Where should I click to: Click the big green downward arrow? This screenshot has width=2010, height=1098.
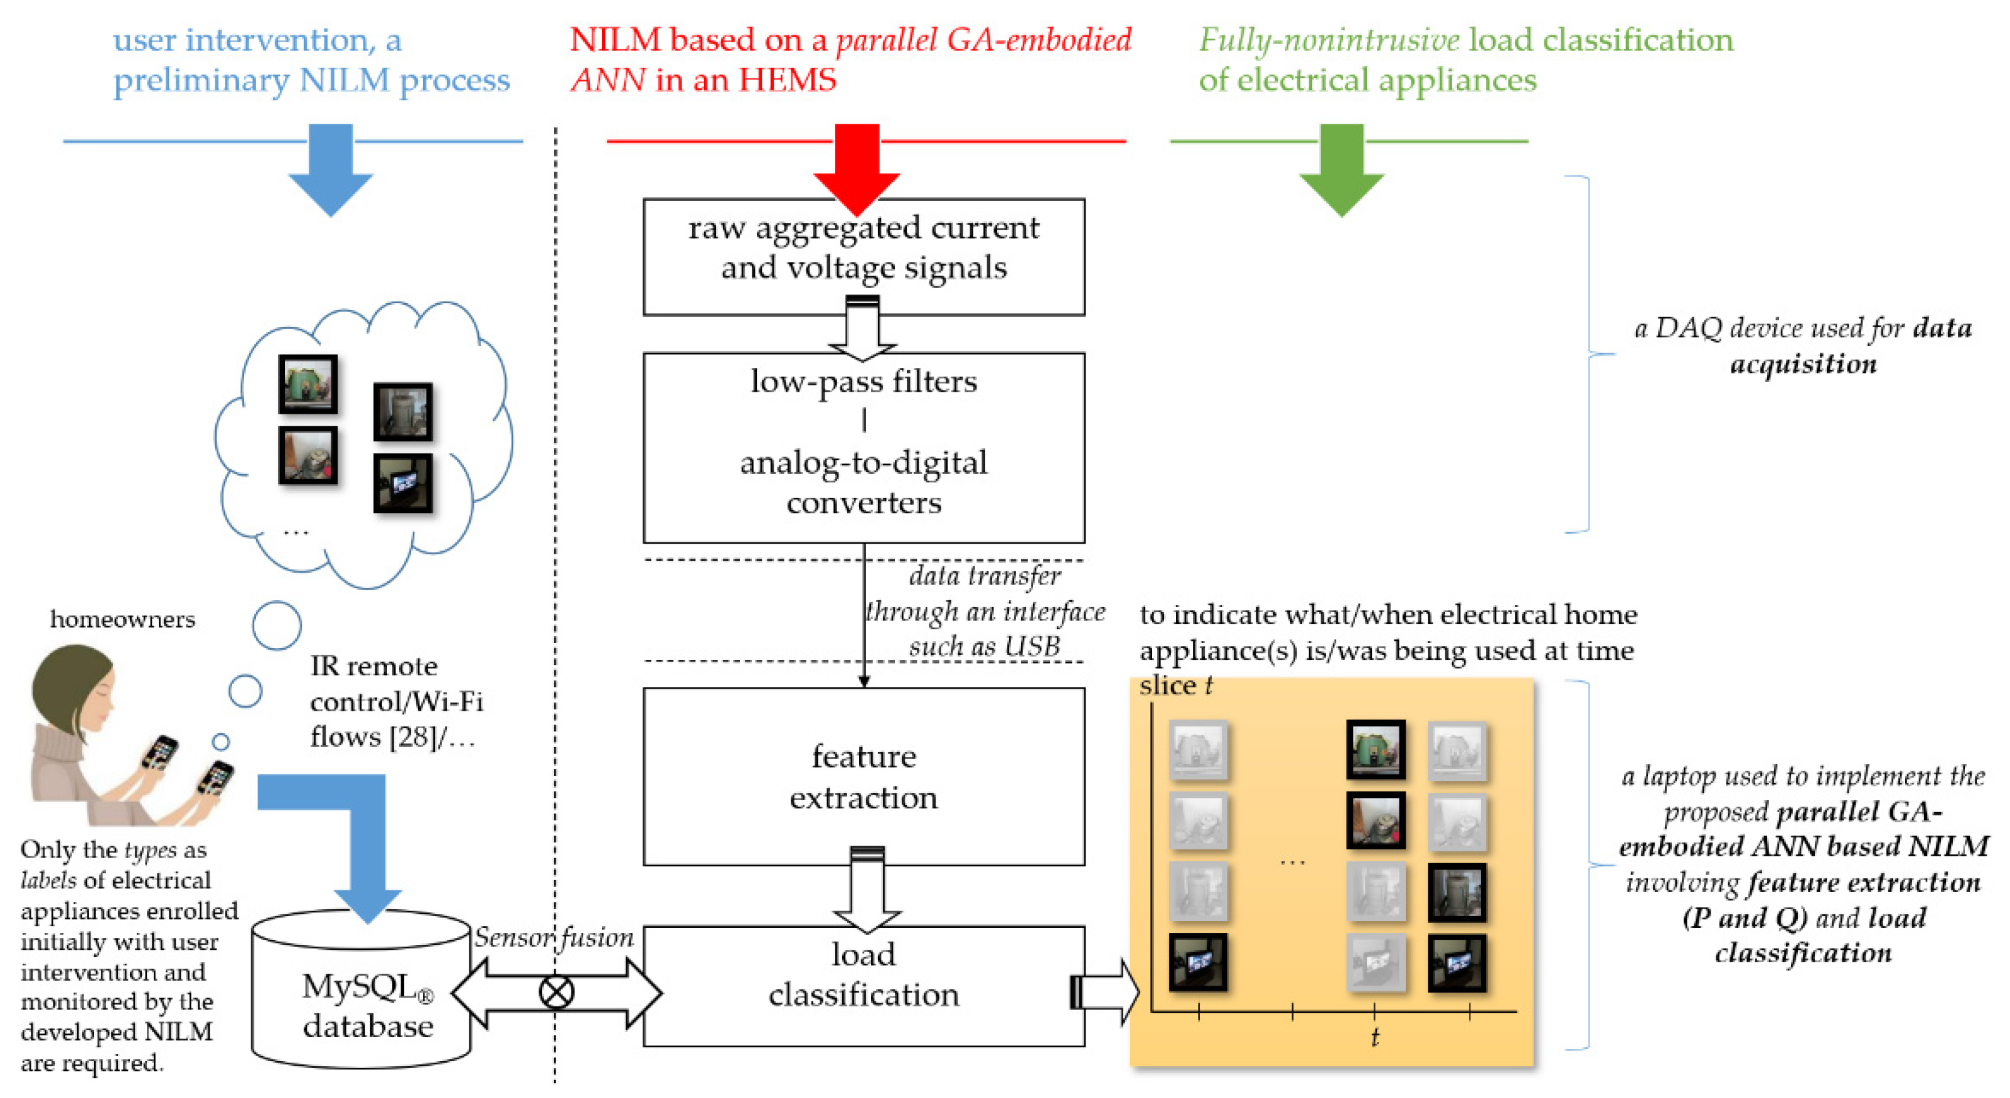tap(1341, 168)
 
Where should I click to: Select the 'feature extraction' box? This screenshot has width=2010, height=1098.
tap(863, 777)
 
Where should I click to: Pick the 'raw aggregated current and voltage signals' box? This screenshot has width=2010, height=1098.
tap(863, 248)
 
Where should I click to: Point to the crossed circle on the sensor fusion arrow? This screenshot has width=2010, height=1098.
tap(555, 993)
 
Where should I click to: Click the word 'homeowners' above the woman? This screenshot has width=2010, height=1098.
tap(122, 619)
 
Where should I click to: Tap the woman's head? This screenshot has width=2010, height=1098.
tap(74, 687)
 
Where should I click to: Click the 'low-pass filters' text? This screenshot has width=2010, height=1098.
tap(863, 382)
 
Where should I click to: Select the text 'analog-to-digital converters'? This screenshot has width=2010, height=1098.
tap(863, 482)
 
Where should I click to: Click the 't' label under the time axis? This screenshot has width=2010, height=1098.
tap(1374, 1037)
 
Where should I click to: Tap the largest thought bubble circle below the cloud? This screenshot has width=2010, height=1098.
tap(276, 625)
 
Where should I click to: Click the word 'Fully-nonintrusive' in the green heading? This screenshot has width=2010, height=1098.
tap(1328, 40)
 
